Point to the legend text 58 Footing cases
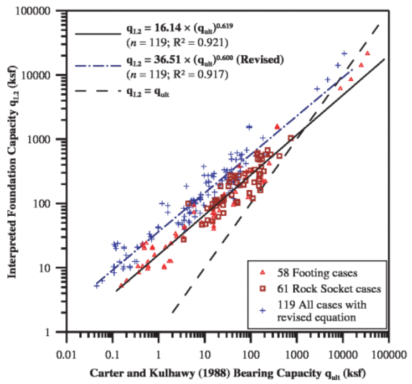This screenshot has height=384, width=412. pyautogui.click(x=310, y=272)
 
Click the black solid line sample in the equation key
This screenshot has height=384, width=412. pyautogui.click(x=96, y=33)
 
